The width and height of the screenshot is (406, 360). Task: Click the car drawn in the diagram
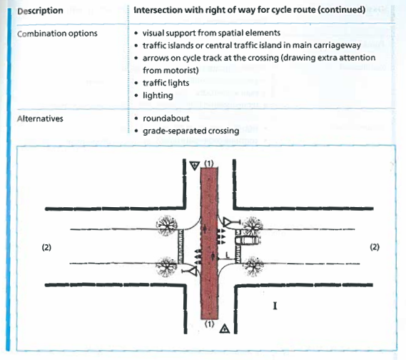(x=248, y=240)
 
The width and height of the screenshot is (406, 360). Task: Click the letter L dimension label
(x=228, y=255)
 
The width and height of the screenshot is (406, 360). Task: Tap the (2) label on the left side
(x=46, y=247)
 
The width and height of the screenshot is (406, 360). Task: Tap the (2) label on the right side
(x=375, y=247)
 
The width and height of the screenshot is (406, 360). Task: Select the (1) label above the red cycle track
(x=209, y=164)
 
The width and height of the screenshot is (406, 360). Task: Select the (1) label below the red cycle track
(x=209, y=324)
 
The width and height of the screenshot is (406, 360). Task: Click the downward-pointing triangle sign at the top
(x=195, y=165)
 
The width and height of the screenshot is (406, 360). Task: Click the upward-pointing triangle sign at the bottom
(x=225, y=329)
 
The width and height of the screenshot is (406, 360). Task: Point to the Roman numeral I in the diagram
(x=275, y=306)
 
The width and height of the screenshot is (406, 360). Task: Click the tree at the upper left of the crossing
(x=167, y=226)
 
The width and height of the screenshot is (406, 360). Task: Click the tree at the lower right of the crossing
(x=253, y=266)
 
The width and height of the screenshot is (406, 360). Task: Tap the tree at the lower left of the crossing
(x=166, y=266)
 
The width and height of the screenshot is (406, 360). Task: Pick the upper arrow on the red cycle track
(x=205, y=229)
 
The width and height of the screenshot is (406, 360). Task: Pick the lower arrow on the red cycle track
(x=213, y=256)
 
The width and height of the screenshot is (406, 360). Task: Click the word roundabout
(x=166, y=119)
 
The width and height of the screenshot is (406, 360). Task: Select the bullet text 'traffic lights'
(x=166, y=83)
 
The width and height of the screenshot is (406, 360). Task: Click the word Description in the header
(x=40, y=11)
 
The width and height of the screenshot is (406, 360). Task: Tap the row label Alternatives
(x=40, y=119)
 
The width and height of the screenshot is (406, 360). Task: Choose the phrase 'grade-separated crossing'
(x=191, y=131)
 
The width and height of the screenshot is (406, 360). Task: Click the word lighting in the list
(x=158, y=96)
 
